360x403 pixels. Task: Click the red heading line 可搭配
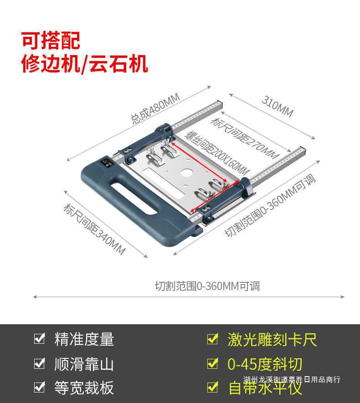[x=51, y=41]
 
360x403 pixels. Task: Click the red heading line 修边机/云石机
[x=85, y=64]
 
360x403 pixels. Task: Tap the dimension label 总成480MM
[x=155, y=109]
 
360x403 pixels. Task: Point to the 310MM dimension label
[x=277, y=106]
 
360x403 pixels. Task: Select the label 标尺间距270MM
[x=244, y=136]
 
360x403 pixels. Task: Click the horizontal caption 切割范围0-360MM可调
[x=207, y=286]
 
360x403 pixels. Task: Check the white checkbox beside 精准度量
[x=40, y=339]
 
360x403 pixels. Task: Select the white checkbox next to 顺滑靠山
[x=40, y=363]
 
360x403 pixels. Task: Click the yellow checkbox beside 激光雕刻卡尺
[x=212, y=339]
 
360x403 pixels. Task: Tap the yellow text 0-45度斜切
[x=265, y=364]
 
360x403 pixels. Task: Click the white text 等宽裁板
[x=84, y=388]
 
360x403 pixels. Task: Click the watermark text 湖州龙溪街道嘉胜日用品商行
[x=292, y=379]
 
